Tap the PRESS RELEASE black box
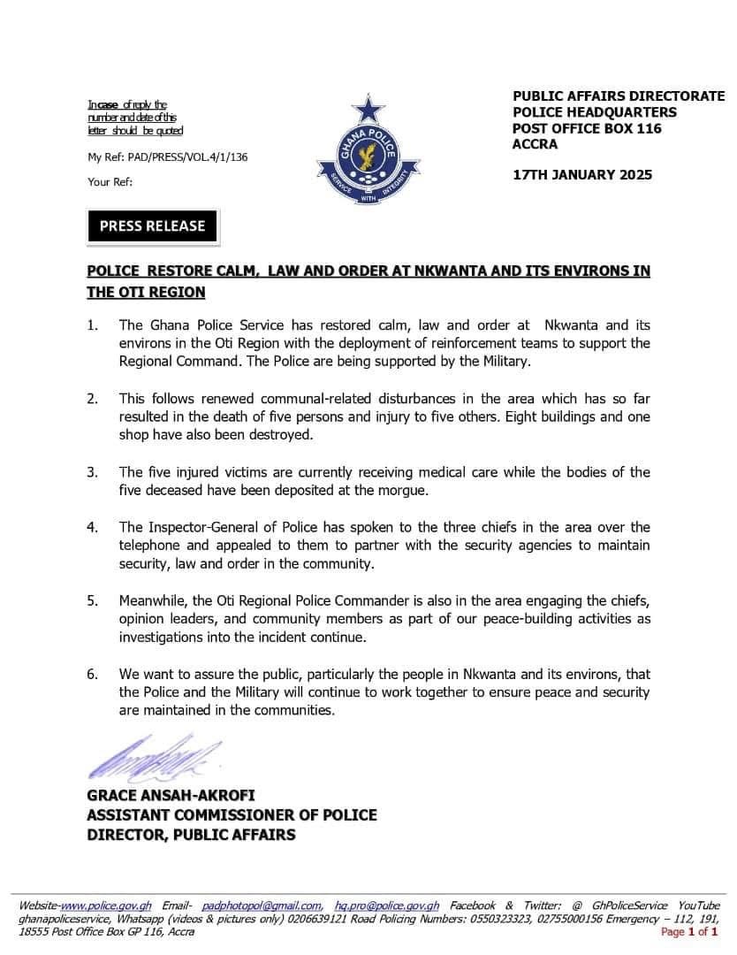coord(152,226)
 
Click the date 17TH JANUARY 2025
coord(582,174)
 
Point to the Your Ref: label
coord(110,182)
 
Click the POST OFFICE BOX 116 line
coord(587,128)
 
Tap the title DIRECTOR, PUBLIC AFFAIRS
coord(191,835)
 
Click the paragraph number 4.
coord(92,527)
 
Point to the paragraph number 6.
coord(92,674)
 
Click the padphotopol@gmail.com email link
coord(262,906)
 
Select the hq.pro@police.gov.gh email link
coord(387,906)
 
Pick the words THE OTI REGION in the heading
coord(146,292)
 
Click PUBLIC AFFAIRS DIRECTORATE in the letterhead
coord(619,95)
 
